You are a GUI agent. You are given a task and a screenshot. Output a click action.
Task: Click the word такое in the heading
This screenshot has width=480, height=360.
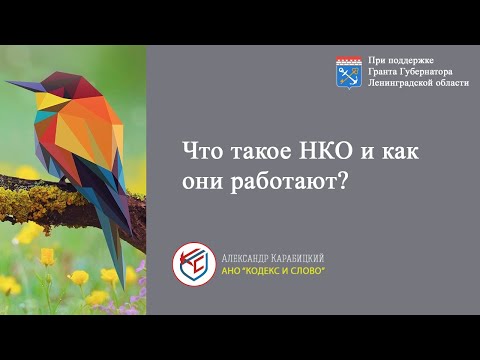click(x=254, y=153)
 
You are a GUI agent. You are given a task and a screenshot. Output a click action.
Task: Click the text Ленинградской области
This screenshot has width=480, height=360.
click(x=418, y=84)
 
